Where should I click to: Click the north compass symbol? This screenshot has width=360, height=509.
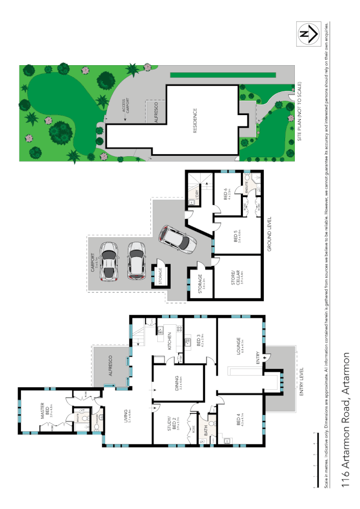pyautogui.click(x=308, y=34)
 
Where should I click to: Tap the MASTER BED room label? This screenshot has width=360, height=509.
pyautogui.click(x=44, y=411)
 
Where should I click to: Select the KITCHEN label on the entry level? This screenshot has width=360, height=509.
pyautogui.click(x=170, y=340)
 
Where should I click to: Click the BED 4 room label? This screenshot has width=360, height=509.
pyautogui.click(x=239, y=422)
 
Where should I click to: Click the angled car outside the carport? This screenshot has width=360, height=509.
pyautogui.click(x=178, y=241)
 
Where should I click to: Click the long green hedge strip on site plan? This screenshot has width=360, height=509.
pyautogui.click(x=223, y=75)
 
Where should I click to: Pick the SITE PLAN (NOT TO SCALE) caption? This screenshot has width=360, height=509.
pyautogui.click(x=300, y=112)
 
